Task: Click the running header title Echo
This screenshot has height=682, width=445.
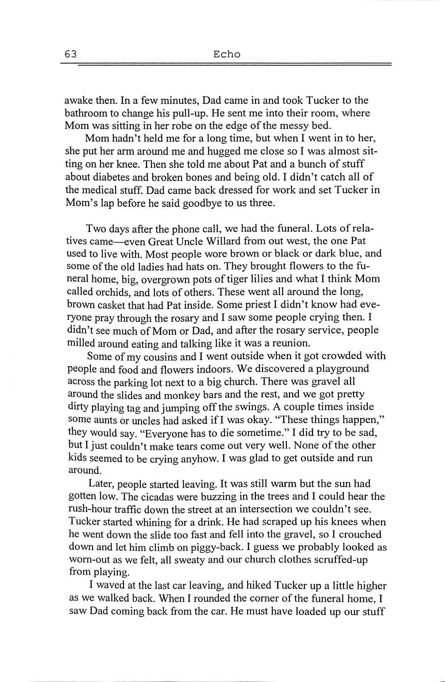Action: [227, 54]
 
